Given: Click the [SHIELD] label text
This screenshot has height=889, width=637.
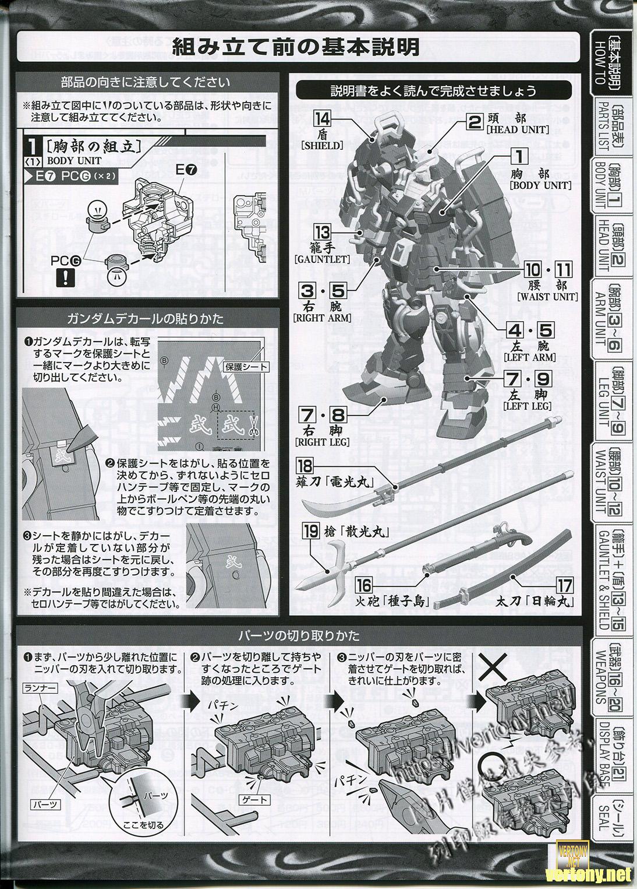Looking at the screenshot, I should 322,145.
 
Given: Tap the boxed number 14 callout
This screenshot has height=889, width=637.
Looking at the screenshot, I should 321,119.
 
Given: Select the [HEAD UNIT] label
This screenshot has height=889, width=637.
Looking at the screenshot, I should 518,129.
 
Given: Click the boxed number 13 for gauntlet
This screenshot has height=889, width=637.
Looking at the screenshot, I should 322,232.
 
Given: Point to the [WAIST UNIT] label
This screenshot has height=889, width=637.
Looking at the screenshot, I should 547,297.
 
